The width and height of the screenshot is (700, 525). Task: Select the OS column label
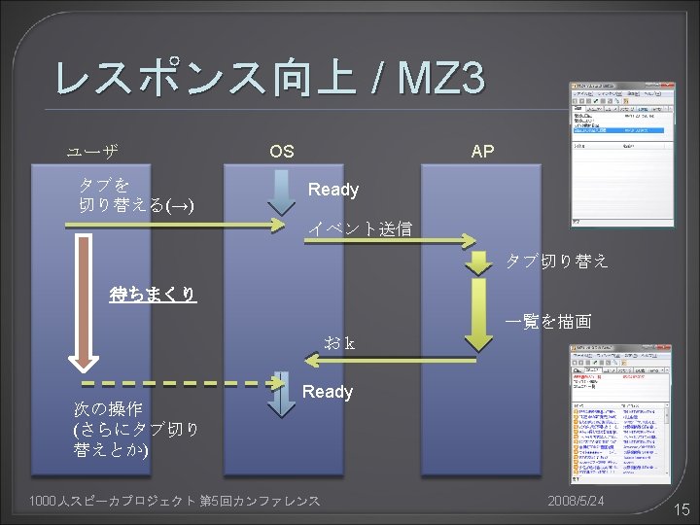coord(282,151)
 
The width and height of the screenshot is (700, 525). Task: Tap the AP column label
coord(481,151)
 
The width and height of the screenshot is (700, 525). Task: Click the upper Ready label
coord(333,190)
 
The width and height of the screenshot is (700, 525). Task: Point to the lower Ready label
coord(328,392)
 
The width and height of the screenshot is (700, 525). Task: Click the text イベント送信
coord(361,229)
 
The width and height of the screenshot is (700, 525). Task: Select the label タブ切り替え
coord(557,261)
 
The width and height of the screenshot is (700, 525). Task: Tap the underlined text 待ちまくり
coord(153,294)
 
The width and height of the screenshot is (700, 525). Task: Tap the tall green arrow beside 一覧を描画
coord(478,313)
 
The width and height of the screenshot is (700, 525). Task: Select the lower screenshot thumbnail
coord(621,414)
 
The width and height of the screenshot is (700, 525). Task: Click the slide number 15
coord(681,508)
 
